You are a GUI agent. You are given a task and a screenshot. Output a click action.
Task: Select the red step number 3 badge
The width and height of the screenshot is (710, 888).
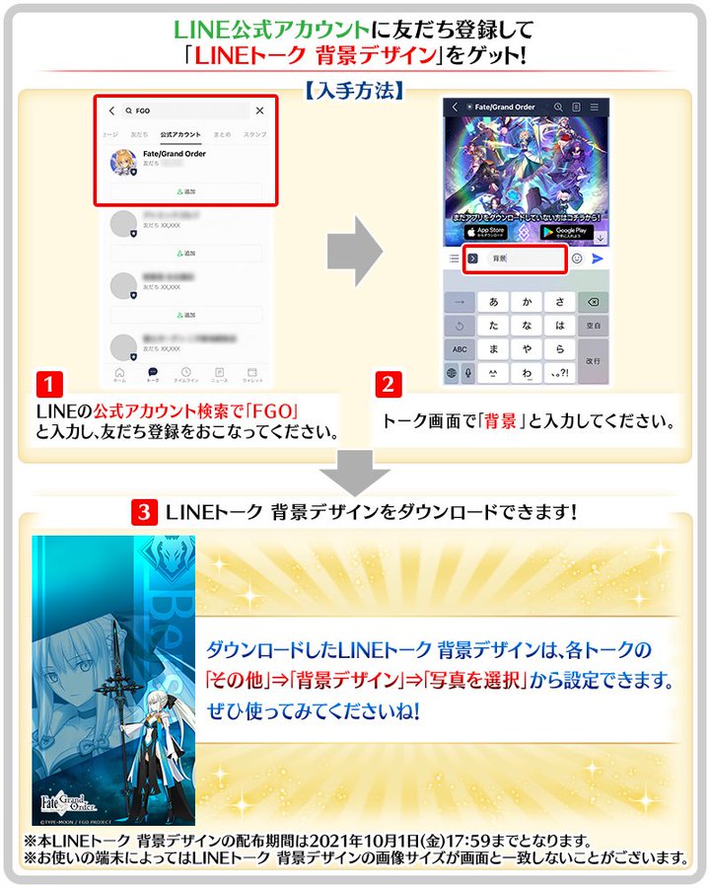point(145,512)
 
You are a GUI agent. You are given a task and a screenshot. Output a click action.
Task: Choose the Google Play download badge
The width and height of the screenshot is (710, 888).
point(566,233)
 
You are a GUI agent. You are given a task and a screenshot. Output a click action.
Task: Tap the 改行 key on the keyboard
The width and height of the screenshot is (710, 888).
point(593,361)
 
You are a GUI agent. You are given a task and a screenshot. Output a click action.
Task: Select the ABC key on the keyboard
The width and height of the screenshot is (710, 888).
point(460,349)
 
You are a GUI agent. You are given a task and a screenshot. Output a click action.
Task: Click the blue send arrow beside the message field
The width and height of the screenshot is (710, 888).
point(598,259)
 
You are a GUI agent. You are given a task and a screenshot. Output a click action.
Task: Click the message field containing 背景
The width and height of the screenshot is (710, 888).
point(515,259)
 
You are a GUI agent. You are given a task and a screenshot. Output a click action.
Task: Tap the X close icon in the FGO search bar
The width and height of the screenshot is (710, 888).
point(259,111)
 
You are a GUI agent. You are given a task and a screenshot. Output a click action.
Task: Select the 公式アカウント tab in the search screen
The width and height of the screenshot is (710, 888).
point(180,133)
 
